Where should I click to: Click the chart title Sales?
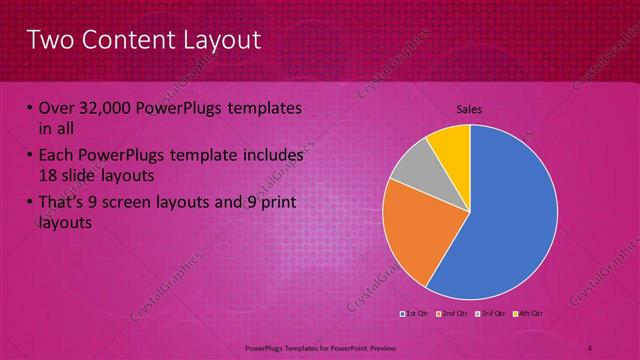pyautogui.click(x=470, y=108)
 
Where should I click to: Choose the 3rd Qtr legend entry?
pyautogui.click(x=487, y=314)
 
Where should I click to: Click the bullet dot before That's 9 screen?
pyautogui.click(x=28, y=203)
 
